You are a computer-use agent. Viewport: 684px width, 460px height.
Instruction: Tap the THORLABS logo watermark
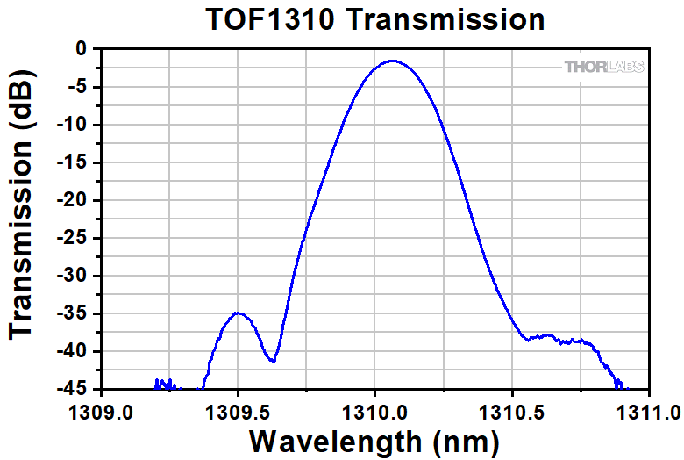(x=603, y=67)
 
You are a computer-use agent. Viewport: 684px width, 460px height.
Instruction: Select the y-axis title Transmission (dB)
(x=24, y=218)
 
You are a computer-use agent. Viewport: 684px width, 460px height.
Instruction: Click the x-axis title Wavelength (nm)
(x=374, y=438)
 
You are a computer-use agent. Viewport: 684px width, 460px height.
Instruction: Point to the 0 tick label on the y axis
(x=81, y=49)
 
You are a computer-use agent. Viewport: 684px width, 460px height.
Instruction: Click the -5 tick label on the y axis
(x=77, y=87)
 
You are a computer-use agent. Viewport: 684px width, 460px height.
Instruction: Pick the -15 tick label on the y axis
(x=72, y=162)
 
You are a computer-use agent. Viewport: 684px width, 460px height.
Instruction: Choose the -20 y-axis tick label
(x=72, y=200)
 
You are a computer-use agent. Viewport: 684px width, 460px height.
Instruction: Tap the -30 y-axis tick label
(x=72, y=276)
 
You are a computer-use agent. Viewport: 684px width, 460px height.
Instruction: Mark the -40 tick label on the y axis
(x=72, y=351)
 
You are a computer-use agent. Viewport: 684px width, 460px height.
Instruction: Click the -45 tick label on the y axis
(x=72, y=389)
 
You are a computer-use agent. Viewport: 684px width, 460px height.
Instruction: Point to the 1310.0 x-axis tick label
(x=374, y=410)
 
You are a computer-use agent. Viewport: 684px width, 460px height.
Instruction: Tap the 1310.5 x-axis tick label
(x=511, y=410)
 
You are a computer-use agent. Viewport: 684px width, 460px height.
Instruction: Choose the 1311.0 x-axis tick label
(x=648, y=410)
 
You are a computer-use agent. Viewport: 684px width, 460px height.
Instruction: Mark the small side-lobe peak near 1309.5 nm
(x=238, y=313)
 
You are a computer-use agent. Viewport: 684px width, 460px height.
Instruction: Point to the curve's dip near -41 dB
(x=274, y=360)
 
